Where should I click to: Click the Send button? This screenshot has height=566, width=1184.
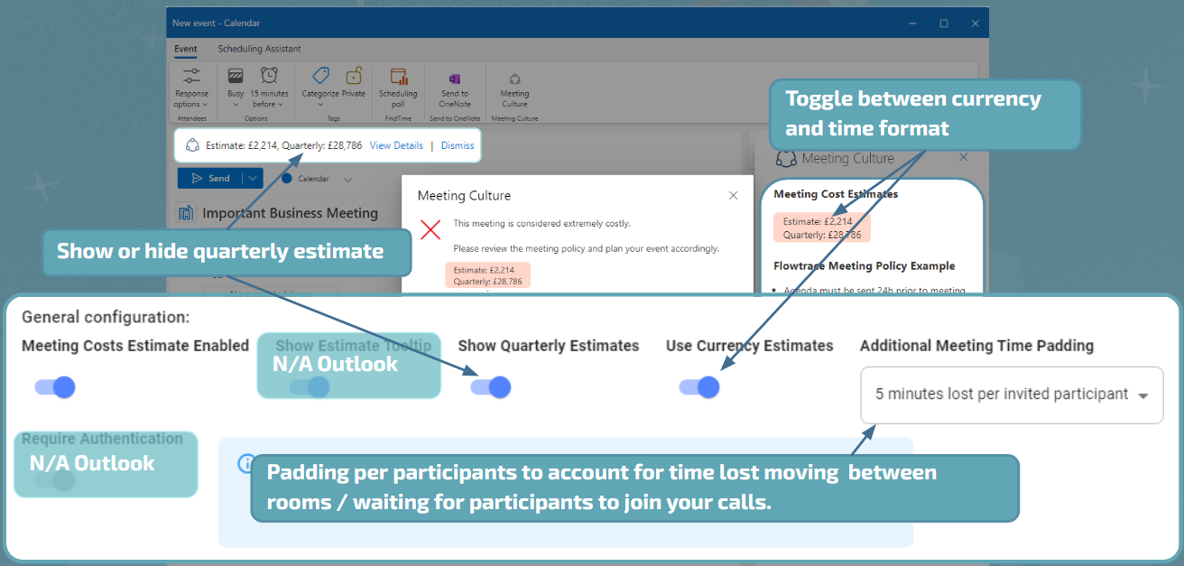211,179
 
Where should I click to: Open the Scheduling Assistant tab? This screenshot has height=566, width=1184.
259,49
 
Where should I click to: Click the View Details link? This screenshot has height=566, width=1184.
396,145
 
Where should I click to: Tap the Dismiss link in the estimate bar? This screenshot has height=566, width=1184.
458,145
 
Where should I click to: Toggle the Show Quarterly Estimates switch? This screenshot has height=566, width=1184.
491,387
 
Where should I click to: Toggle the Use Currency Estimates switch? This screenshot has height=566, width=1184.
699,387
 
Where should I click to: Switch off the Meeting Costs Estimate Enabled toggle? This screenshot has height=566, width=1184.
55,387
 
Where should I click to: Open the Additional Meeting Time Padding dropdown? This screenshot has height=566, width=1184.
1011,394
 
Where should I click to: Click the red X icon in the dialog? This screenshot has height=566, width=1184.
430,229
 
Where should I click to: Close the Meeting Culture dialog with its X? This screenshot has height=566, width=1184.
733,195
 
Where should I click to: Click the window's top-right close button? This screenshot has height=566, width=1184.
975,23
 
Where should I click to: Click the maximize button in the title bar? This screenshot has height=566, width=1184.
944,23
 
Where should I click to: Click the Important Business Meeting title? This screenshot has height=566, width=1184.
290,213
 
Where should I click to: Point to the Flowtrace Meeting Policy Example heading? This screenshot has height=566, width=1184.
864,266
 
